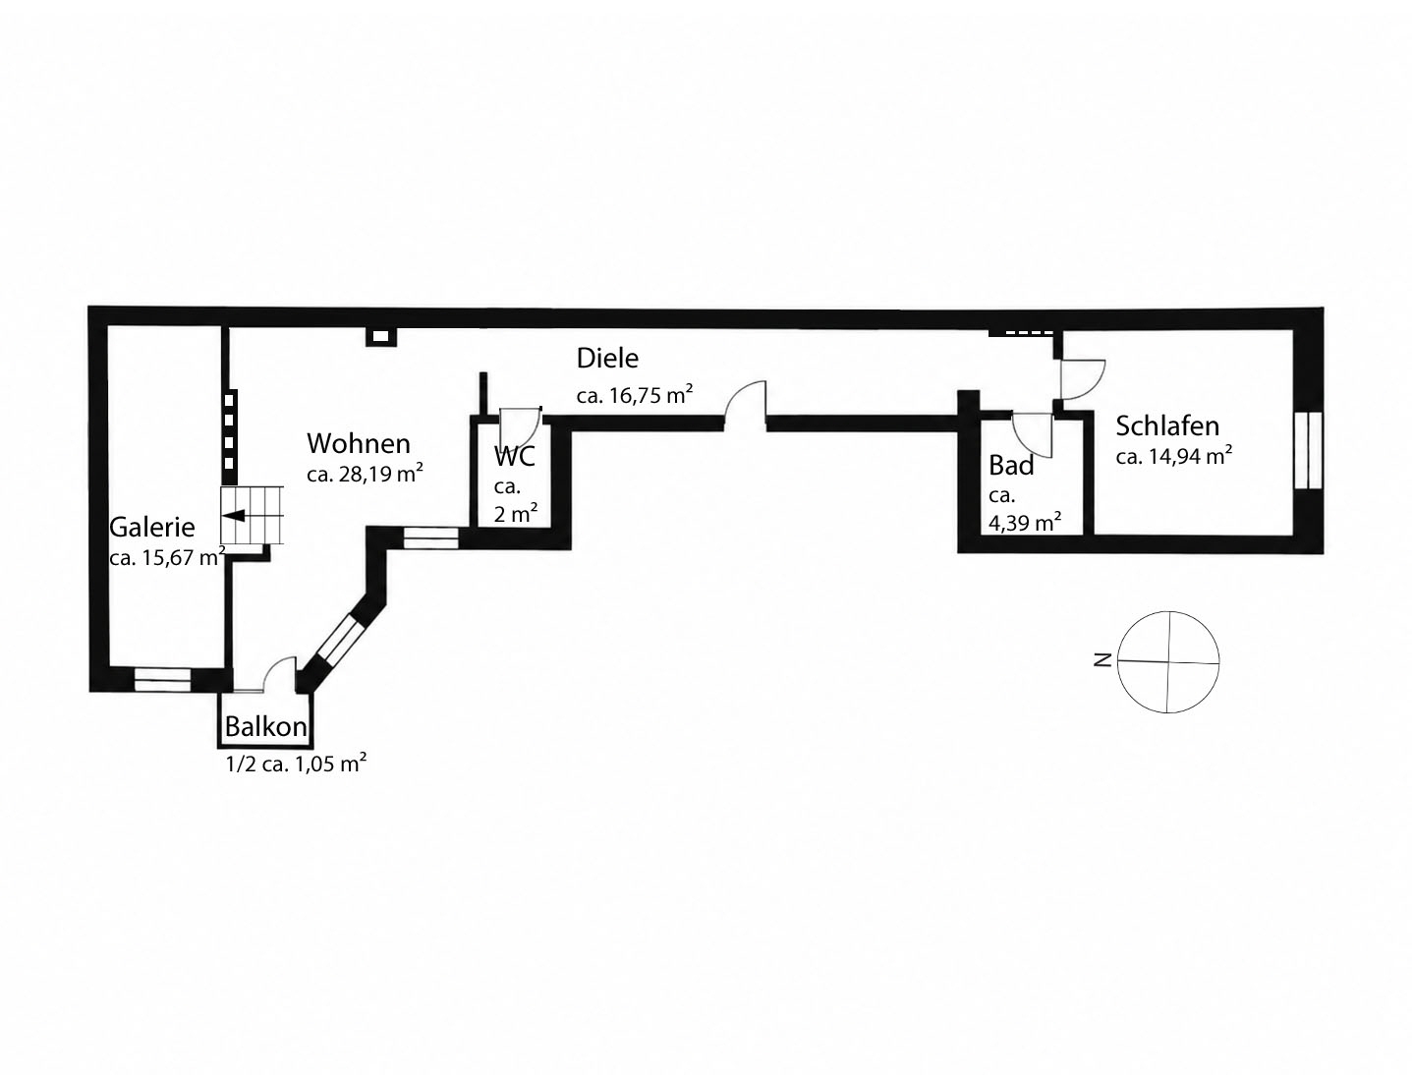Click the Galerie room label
(152, 528)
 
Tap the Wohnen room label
(359, 443)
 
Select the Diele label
(607, 359)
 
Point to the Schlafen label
(1167, 425)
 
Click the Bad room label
(1011, 465)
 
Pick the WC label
(515, 456)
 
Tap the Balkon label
(265, 726)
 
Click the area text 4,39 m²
(1025, 522)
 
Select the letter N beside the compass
(1102, 659)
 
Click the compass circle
(1168, 612)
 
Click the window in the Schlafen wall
(1308, 450)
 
